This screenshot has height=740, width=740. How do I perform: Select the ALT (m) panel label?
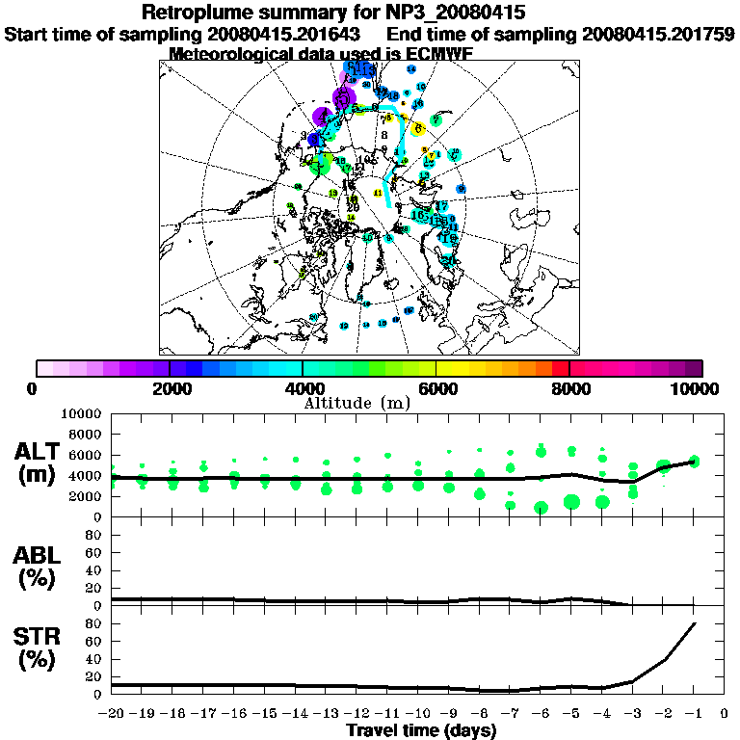coord(38,462)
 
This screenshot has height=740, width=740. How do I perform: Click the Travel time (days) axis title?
coord(422,731)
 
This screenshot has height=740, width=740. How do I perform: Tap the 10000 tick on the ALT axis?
coord(80,414)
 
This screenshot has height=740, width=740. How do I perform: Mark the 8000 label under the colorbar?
coord(568,388)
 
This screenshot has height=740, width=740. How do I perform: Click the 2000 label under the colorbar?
coord(170,388)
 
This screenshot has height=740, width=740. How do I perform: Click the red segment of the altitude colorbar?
coord(561,368)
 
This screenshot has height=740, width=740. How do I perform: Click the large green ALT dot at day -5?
coord(571,501)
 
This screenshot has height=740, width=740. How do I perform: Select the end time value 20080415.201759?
coord(658,34)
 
